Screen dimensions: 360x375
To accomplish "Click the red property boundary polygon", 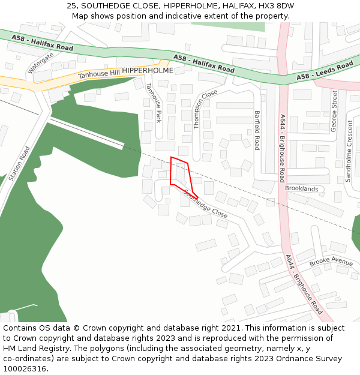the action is tap(182, 178).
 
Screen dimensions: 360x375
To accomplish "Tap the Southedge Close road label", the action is tap(206, 203).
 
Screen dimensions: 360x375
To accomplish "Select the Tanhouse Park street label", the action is tap(154, 103).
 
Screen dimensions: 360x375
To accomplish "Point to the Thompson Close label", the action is tap(205, 109).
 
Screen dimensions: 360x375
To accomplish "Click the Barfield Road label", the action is tap(257, 130).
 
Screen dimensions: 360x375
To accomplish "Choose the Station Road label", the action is tap(19, 163).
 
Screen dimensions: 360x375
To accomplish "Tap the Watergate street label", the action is tap(41, 62).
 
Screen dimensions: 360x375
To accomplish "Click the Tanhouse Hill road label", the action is tap(99, 74).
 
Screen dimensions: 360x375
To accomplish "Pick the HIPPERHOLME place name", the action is tap(148, 71).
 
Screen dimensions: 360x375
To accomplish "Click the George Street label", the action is tap(334, 110).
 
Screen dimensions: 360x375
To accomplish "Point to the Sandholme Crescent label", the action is tap(349, 151).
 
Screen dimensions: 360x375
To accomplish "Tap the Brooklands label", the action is tap(301, 188).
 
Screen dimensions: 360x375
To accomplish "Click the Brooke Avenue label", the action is tap(331, 262).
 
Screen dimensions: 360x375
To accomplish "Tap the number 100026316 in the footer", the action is tap(25, 368).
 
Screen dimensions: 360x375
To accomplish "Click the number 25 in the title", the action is tap(71, 5).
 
